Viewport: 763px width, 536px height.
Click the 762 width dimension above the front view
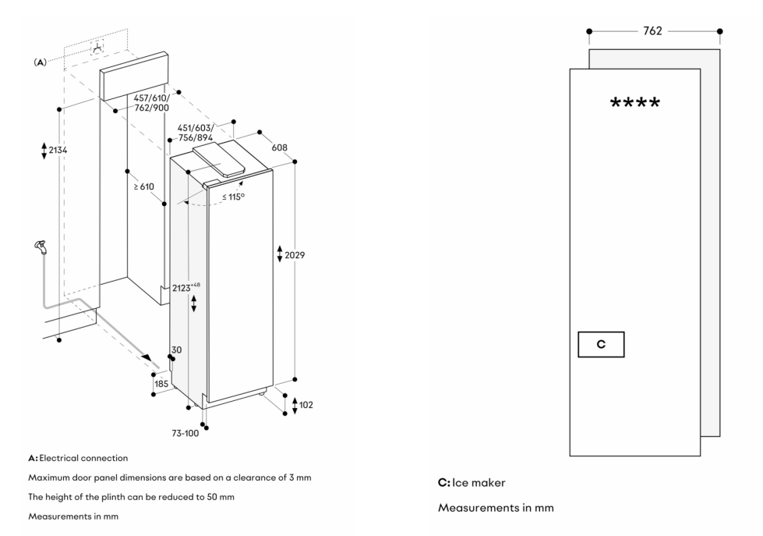pyautogui.click(x=653, y=31)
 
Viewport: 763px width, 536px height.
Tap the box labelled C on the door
pyautogui.click(x=601, y=344)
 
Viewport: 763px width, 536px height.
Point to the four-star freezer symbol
pyautogui.click(x=634, y=104)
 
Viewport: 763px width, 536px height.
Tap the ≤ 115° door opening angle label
pyautogui.click(x=233, y=196)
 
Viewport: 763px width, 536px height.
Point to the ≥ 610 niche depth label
pyautogui.click(x=143, y=186)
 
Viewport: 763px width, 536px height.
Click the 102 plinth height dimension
pyautogui.click(x=306, y=405)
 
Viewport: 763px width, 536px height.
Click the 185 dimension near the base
pyautogui.click(x=161, y=385)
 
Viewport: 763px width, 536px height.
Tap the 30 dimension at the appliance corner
pyautogui.click(x=176, y=350)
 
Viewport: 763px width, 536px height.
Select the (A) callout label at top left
pyautogui.click(x=37, y=61)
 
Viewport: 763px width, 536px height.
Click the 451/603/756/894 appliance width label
pyautogui.click(x=195, y=133)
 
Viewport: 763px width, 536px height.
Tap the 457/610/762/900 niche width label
pyautogui.click(x=150, y=102)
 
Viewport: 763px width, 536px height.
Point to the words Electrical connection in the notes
pyautogui.click(x=83, y=458)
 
